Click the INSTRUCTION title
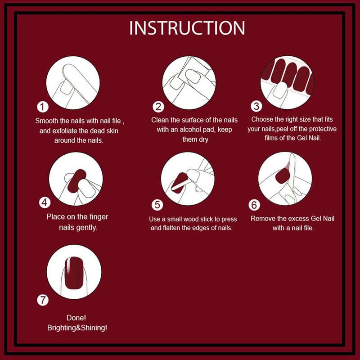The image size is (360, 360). pyautogui.click(x=187, y=28)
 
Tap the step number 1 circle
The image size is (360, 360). pyautogui.click(x=42, y=107)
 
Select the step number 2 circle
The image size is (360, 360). pyautogui.click(x=158, y=107)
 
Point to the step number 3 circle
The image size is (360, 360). pyautogui.click(x=256, y=106)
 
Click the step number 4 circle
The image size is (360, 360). pyautogui.click(x=45, y=202)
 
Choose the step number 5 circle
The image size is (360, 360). pyautogui.click(x=157, y=205)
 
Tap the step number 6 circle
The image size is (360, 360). pyautogui.click(x=254, y=205)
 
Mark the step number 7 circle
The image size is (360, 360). pyautogui.click(x=43, y=300)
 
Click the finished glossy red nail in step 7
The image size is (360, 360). pyautogui.click(x=73, y=273)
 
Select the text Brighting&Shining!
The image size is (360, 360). pyautogui.click(x=77, y=328)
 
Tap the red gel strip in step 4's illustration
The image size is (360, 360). pyautogui.click(x=77, y=181)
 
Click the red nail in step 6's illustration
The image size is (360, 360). pyautogui.click(x=283, y=176)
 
